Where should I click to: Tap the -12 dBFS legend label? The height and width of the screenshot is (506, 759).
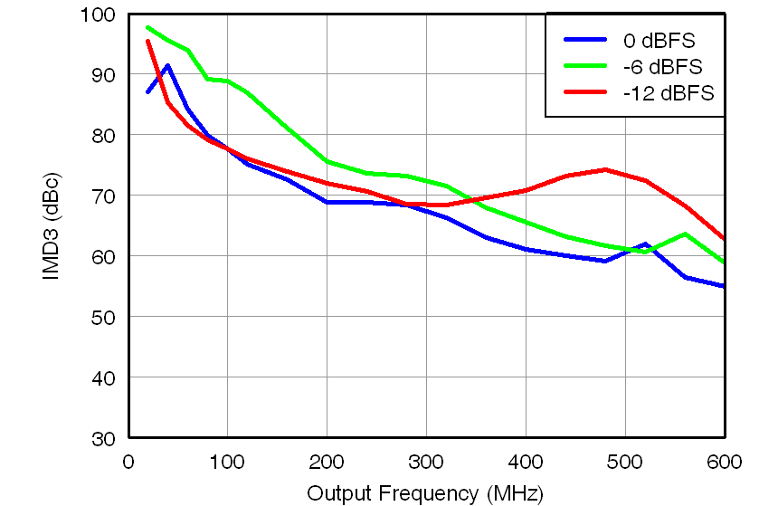point(668,93)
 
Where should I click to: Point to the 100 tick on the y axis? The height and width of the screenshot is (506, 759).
point(100,14)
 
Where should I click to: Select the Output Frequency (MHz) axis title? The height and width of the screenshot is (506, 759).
point(425,493)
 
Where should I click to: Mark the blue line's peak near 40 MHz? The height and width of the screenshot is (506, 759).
point(167,65)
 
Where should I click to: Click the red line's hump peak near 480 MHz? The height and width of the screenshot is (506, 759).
point(604,169)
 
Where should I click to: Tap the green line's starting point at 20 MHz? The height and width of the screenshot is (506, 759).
point(148,27)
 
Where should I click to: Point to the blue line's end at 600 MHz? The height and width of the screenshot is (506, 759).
point(724,286)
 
